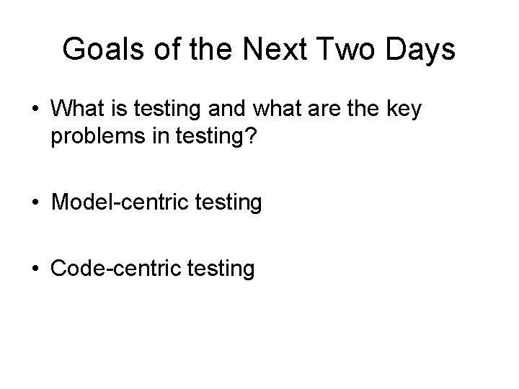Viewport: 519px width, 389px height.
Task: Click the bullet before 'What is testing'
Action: coord(35,112)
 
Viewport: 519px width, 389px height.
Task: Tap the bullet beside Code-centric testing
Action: coord(35,269)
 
